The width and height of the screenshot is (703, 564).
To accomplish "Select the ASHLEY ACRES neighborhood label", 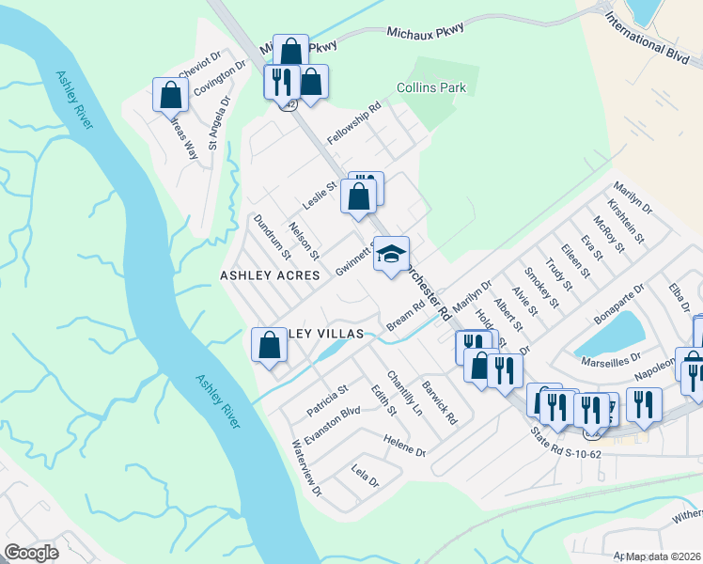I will pyautogui.click(x=270, y=275).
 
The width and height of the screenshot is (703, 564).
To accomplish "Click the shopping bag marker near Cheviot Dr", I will pyautogui.click(x=171, y=95).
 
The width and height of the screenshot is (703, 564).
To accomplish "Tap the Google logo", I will pyautogui.click(x=31, y=553).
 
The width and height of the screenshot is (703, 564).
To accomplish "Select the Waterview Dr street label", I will pyautogui.click(x=306, y=468).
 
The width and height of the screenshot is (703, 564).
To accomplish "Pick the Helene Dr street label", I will pyautogui.click(x=404, y=445).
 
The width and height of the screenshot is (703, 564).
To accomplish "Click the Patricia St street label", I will pyautogui.click(x=327, y=400).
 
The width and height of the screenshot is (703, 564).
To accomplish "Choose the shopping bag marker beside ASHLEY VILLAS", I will pyautogui.click(x=270, y=345).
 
